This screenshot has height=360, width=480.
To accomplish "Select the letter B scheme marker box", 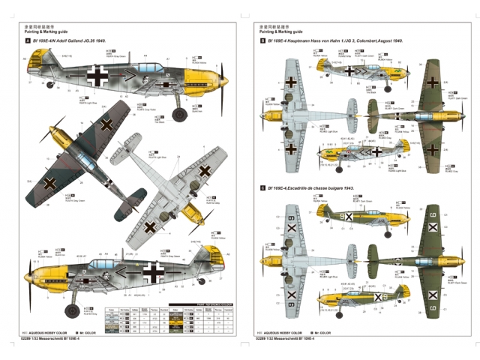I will [x=262, y=41].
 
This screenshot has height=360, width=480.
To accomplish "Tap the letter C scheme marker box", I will [x=262, y=188].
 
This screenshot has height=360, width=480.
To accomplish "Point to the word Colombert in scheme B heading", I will [x=363, y=41].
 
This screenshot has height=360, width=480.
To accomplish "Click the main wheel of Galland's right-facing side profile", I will [x=179, y=114].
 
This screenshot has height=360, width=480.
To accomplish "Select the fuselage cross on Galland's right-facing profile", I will [x=97, y=75].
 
